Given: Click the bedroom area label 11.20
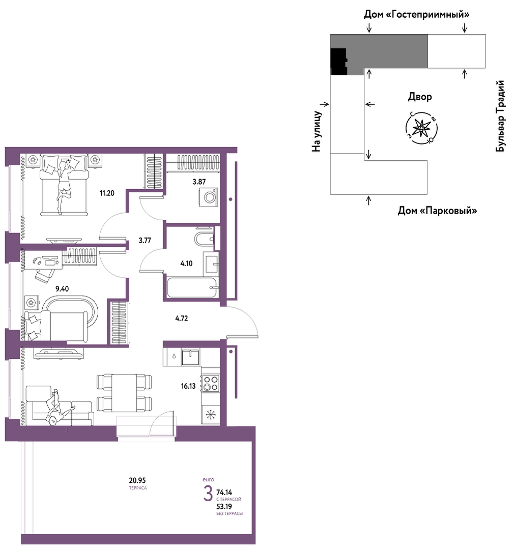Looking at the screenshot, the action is [x=107, y=193].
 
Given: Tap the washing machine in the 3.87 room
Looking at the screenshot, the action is [x=208, y=197].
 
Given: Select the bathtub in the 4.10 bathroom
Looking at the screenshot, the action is [x=192, y=287].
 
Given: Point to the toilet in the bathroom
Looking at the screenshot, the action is [x=204, y=239].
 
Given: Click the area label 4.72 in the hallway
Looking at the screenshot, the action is [x=181, y=319].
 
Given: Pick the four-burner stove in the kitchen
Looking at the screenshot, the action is [x=211, y=383].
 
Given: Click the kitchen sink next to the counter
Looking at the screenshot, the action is [x=190, y=357].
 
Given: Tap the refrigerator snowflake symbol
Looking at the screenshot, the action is [x=211, y=415].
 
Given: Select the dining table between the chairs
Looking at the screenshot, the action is [x=124, y=392].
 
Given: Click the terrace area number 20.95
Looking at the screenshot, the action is [x=137, y=480].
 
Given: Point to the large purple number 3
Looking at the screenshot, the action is [x=208, y=494].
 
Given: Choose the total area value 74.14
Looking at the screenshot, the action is [x=224, y=493].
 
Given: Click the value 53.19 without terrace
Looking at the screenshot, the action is [x=224, y=506].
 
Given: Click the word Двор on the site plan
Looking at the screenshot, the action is [x=420, y=97].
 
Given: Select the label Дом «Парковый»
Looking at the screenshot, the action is [x=437, y=211].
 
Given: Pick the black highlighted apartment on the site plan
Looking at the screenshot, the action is [x=339, y=62].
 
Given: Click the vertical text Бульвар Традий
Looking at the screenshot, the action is [x=500, y=116].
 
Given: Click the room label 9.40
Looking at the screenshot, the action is [x=62, y=289].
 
